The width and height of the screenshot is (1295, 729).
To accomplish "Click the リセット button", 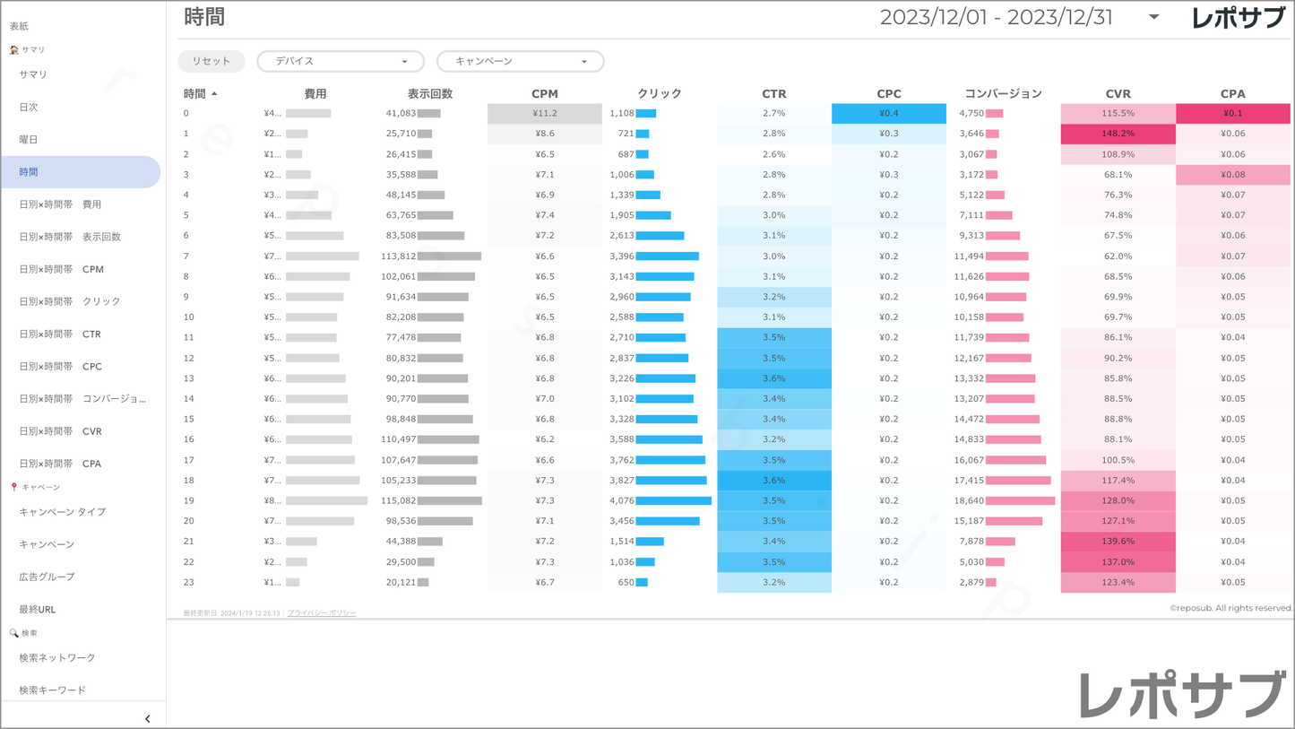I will (212, 61).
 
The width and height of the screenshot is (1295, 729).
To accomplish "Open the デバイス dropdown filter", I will (341, 61).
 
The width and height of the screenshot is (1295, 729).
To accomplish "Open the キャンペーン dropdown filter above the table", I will (520, 61).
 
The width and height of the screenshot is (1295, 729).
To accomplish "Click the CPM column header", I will (544, 93).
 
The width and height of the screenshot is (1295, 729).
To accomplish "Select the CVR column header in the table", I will (1118, 93).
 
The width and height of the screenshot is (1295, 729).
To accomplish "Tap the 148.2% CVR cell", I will (1118, 134).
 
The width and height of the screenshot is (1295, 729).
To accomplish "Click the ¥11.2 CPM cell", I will (545, 113).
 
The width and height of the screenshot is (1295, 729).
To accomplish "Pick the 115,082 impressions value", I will (399, 500).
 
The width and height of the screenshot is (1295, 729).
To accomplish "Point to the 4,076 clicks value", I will (621, 500).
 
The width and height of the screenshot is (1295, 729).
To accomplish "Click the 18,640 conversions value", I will (969, 500).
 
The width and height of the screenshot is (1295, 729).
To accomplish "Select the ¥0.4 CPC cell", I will (888, 113).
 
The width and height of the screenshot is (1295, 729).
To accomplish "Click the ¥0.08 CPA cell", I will (1232, 175).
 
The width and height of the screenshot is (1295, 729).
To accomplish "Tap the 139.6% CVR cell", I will (1118, 542).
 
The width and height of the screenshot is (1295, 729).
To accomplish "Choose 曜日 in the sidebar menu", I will (29, 140).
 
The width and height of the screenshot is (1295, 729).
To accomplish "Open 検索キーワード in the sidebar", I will (53, 690).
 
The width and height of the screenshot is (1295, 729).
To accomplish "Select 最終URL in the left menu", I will (38, 610).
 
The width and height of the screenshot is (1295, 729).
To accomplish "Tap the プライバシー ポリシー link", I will (322, 613).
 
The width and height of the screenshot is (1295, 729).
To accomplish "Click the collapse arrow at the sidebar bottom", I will (148, 718).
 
